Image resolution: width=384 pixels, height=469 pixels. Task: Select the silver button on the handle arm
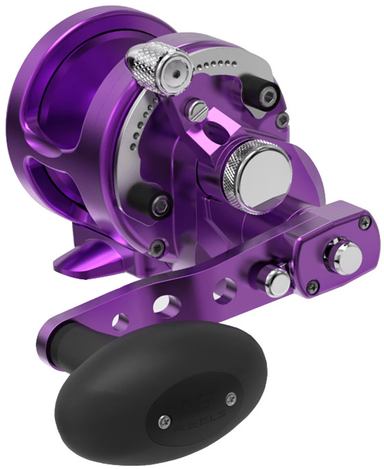272,280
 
